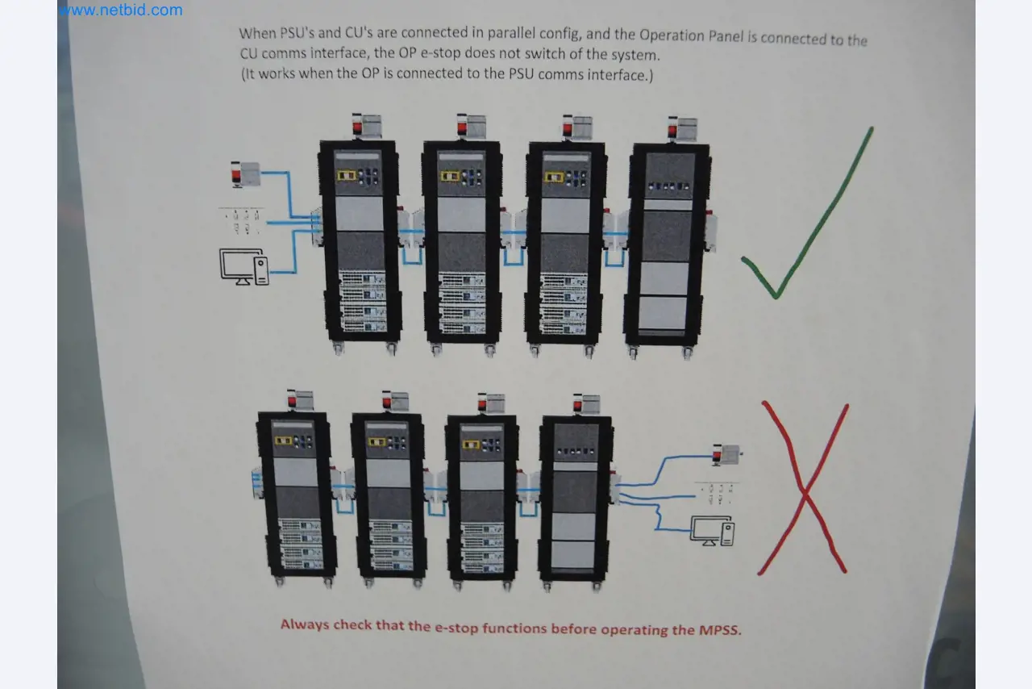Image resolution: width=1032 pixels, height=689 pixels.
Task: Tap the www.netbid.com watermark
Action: tap(121, 10)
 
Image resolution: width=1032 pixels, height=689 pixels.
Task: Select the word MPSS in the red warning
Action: tap(718, 629)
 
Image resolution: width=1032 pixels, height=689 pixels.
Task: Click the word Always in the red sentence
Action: tap(305, 624)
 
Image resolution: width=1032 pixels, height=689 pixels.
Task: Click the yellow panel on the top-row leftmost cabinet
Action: tap(347, 175)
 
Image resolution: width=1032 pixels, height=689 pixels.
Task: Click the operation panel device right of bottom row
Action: tap(726, 454)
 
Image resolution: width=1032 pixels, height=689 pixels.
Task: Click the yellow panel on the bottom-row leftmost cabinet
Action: tap(283, 441)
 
